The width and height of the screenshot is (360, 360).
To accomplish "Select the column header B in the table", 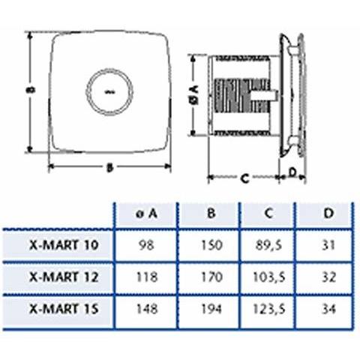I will point(211,214).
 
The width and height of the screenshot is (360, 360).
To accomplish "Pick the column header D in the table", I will point(328,214).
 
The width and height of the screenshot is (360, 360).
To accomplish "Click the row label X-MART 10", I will point(64,244).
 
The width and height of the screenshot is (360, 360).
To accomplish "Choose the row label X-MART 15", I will point(64,307).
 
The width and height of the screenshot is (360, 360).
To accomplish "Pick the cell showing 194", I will point(211,307).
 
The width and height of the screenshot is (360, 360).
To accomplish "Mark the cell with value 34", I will point(328,307).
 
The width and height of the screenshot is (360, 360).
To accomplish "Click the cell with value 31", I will point(328,244).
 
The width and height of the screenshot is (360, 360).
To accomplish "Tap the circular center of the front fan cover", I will point(111,91).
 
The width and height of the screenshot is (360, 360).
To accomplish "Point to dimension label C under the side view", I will point(244,178).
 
